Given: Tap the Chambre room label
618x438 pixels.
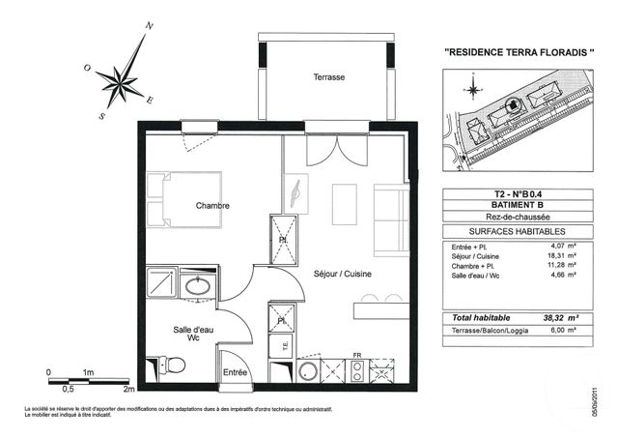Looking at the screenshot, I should coord(212,205).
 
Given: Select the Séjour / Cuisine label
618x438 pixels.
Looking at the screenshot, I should coord(343,274).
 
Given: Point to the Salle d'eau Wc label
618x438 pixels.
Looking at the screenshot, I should coord(181,334).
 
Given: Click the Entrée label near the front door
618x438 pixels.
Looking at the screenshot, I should coord(236,372).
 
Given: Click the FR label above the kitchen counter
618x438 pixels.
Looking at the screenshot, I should coord(356,355).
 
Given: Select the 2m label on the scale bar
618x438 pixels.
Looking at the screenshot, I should coord(126,372).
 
